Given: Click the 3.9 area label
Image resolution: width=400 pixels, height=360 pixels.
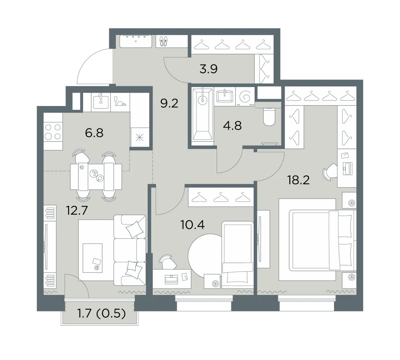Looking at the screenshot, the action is click(208, 69).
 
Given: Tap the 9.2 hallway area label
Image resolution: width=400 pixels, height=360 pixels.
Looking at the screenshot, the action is click(169, 103).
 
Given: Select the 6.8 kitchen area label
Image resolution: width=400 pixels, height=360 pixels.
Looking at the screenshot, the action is click(94, 133).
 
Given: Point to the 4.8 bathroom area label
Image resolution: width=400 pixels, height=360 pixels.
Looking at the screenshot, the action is click(232, 126).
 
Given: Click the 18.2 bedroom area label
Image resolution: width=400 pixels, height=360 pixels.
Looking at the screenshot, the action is click(298, 180).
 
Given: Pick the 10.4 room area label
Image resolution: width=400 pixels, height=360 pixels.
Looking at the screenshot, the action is click(193, 225).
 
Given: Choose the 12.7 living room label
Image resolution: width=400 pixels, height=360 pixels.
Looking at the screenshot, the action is click(77, 210).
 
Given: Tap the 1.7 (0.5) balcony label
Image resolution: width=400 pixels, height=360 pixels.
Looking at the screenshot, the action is click(101, 314).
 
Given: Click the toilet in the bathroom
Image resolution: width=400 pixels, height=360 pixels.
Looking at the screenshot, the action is click(269, 117).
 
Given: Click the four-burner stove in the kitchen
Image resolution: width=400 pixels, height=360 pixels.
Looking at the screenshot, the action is click(53, 132).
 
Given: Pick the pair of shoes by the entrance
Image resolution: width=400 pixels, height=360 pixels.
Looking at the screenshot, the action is click(164, 41).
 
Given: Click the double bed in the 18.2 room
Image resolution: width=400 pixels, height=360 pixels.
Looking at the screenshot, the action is click(322, 240).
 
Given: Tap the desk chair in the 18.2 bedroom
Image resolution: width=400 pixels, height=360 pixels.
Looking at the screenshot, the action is click(330, 171).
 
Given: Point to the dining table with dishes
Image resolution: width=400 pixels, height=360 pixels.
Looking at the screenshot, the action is click(96, 176).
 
